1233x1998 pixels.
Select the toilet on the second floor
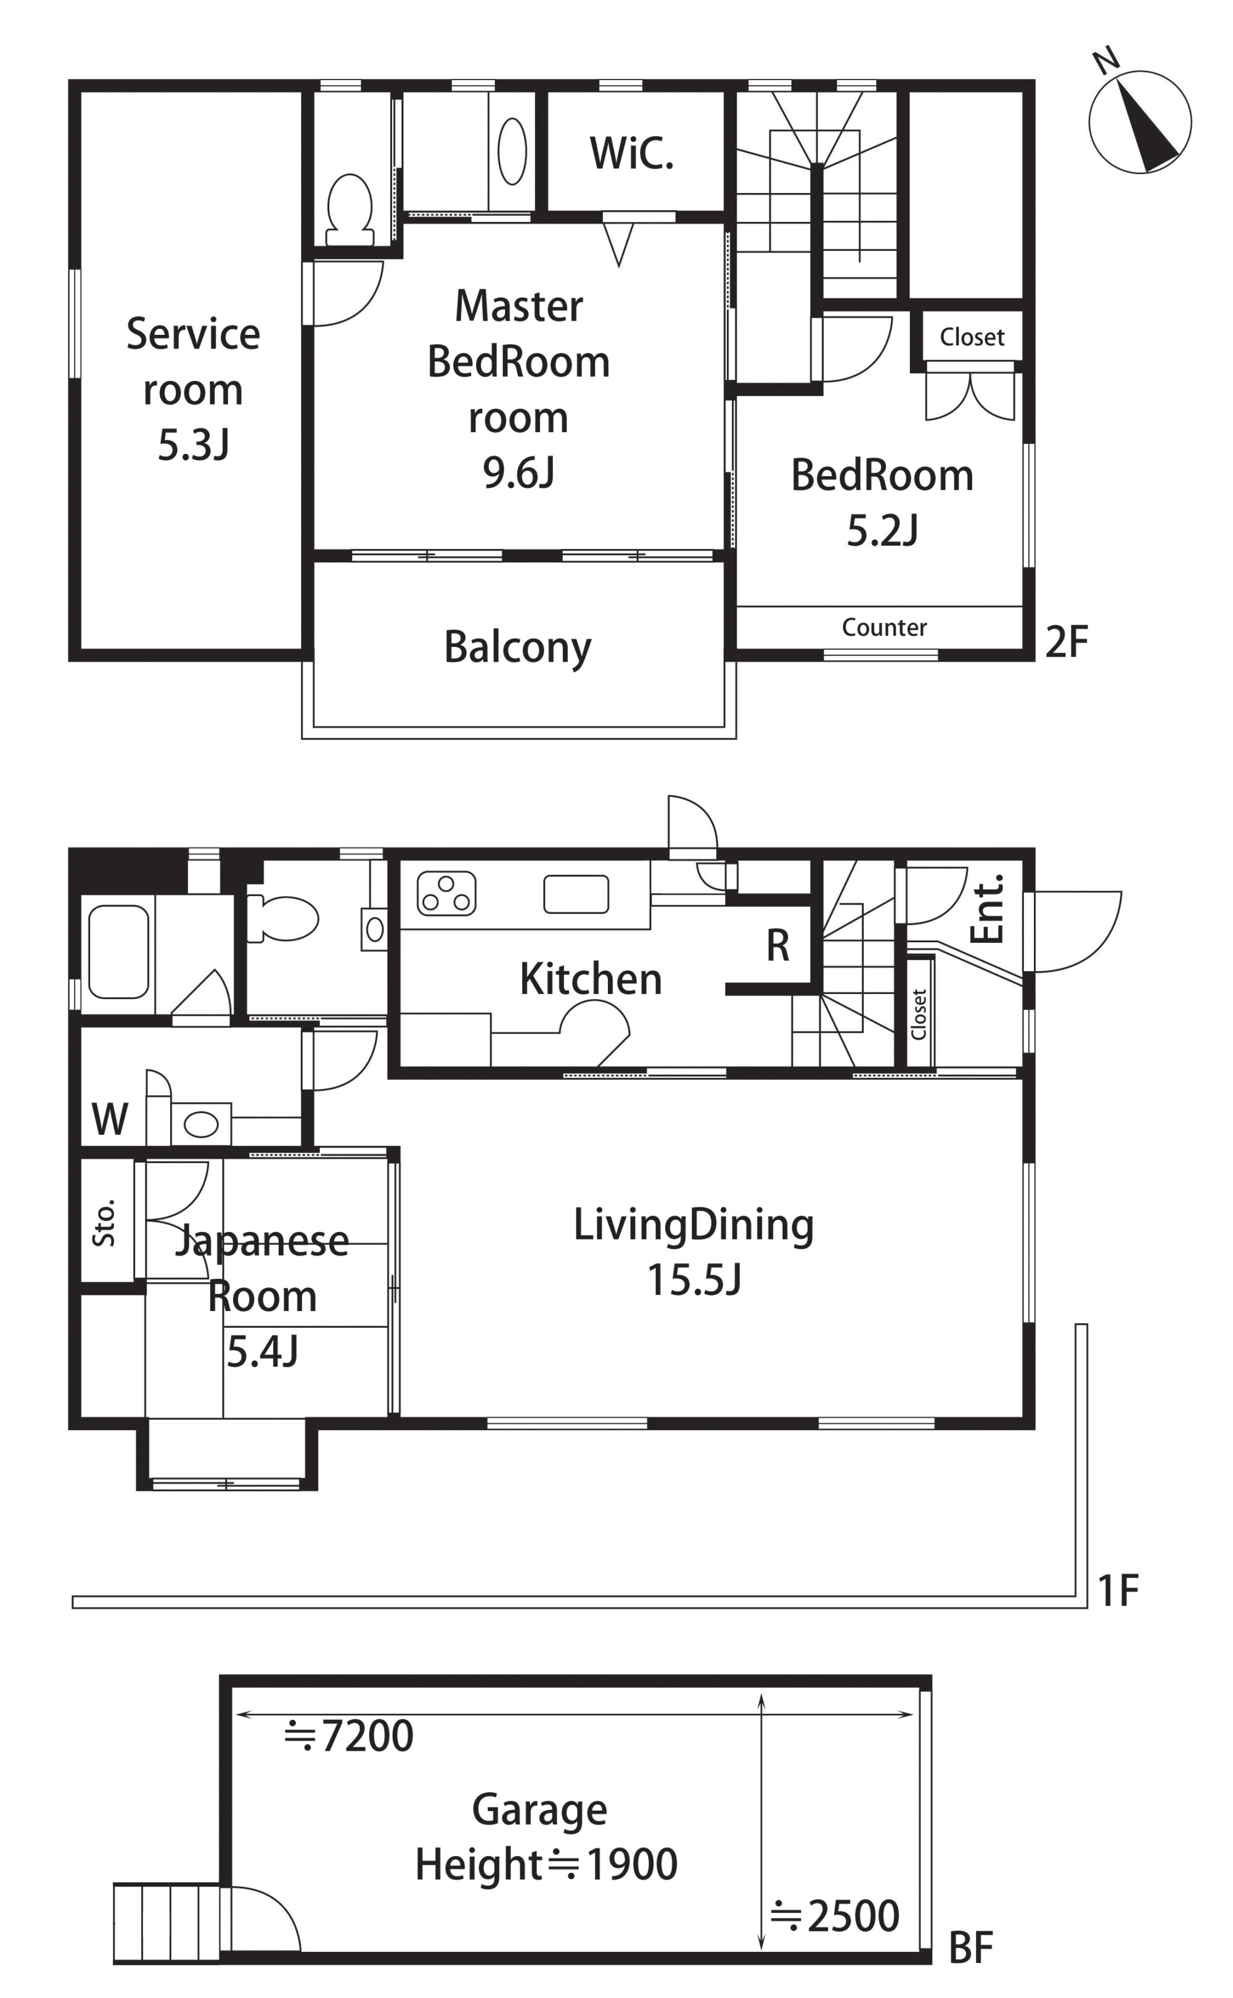(349, 210)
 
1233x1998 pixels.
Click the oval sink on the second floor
(512, 151)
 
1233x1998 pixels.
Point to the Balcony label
(518, 647)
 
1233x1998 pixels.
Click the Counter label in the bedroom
(884, 627)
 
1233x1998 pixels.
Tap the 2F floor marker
(1067, 642)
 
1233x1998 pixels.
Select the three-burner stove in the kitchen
(446, 893)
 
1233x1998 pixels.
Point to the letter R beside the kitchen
(778, 946)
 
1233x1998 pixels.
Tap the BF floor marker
(971, 1948)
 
